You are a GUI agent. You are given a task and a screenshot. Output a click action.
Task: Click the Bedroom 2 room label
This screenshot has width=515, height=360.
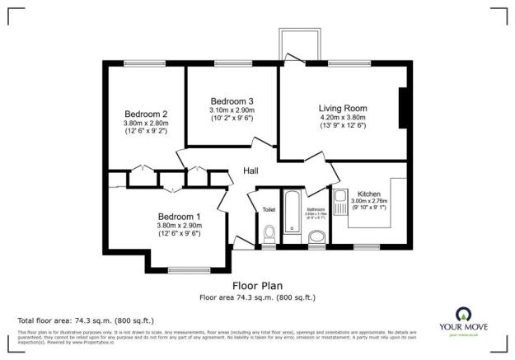coord(147,114)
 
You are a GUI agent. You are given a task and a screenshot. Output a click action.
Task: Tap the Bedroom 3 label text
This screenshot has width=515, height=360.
coord(232,101)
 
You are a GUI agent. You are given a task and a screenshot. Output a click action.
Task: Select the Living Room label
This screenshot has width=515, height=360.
coord(343,108)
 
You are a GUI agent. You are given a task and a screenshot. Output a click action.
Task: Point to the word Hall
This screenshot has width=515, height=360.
coord(252,171)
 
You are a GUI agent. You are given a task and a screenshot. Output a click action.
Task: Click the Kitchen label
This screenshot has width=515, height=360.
coord(369,194)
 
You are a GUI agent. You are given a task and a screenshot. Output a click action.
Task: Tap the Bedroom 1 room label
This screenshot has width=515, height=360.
coord(179,216)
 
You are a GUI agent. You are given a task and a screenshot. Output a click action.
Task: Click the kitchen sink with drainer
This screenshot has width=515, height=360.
coord(342,200)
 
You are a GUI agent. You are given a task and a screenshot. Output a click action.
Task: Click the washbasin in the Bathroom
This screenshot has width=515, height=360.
coord(316,238)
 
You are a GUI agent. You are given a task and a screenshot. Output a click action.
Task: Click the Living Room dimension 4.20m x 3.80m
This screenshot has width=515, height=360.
coord(343,118)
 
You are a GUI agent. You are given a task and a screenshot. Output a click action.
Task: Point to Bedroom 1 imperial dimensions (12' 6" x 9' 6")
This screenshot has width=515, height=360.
coord(179,233)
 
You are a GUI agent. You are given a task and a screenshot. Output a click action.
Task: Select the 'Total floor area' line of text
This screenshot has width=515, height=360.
coord(85,320)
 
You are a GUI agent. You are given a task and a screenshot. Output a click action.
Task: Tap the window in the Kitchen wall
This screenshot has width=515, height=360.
coord(366,246)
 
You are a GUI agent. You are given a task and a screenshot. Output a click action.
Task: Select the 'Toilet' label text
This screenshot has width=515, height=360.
coord(269,210)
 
